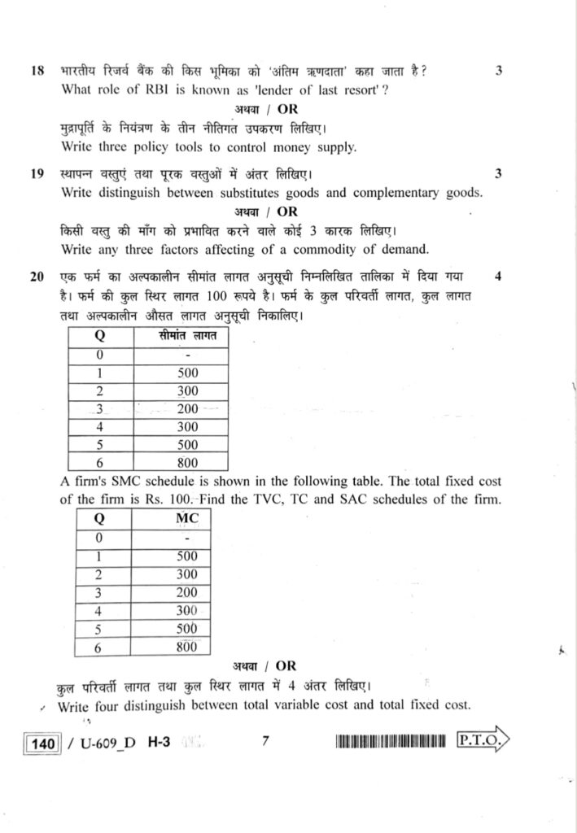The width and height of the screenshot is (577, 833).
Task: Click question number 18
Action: [37, 71]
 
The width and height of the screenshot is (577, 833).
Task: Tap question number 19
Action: [37, 174]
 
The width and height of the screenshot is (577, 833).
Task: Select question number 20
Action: [37, 277]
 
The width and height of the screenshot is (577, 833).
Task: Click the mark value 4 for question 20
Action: [498, 277]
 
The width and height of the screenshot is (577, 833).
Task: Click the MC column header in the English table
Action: [187, 518]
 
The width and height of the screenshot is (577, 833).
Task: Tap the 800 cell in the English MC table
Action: [187, 648]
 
